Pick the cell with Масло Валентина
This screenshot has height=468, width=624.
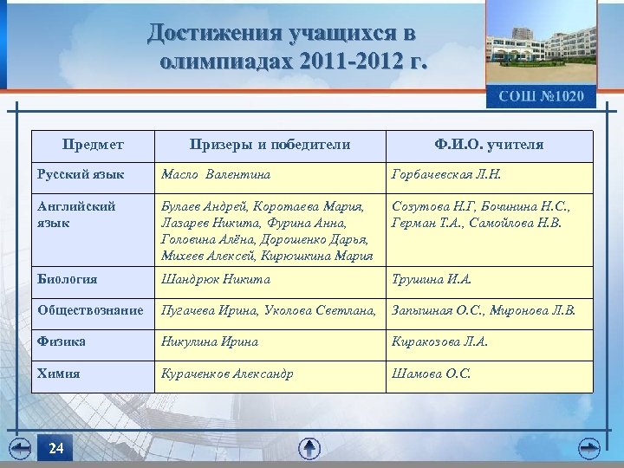pyautogui.click(x=216, y=175)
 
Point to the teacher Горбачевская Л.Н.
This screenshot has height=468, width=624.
pyautogui.click(x=446, y=175)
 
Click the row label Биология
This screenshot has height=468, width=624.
pyautogui.click(x=67, y=279)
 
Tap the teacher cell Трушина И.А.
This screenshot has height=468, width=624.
pyautogui.click(x=432, y=279)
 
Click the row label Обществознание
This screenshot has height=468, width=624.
pyautogui.click(x=90, y=310)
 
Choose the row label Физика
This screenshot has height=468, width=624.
pyautogui.click(x=62, y=341)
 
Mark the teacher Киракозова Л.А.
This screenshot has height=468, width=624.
pyautogui.click(x=440, y=341)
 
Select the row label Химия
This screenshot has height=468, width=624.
pyautogui.click(x=58, y=374)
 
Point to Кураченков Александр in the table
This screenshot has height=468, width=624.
pyautogui.click(x=227, y=374)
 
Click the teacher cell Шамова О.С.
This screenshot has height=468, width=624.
pyautogui.click(x=432, y=374)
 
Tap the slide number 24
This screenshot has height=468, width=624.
pyautogui.click(x=56, y=448)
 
